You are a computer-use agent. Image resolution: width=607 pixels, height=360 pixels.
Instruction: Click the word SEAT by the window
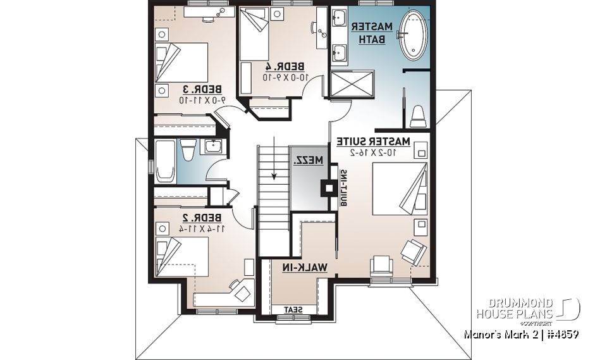[x=292, y=309]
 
